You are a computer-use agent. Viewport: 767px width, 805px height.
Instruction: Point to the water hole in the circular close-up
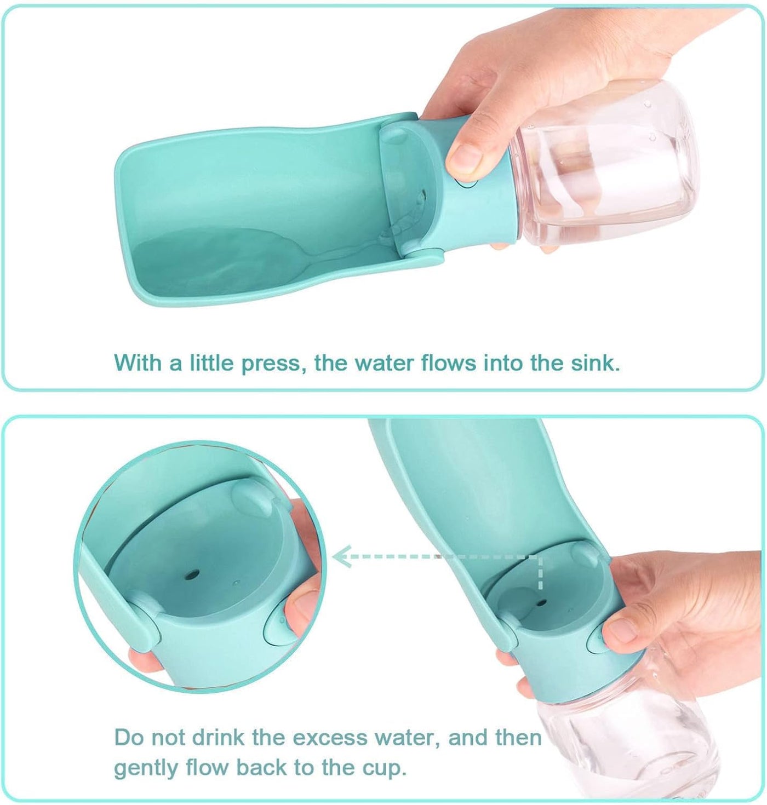click(192, 575)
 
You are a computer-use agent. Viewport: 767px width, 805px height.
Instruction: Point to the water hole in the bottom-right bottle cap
click(542, 603)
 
